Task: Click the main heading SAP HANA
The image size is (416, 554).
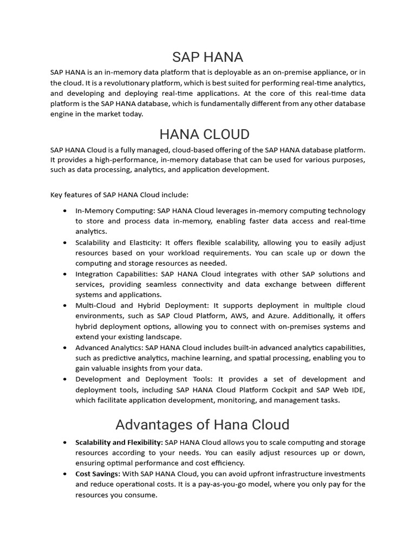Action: (x=207, y=56)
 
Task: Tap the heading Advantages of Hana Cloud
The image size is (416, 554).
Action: (x=203, y=424)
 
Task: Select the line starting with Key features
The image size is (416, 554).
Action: (x=119, y=195)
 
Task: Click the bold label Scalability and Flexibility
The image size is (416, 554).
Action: (x=119, y=443)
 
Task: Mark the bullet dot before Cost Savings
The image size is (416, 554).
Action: (x=66, y=474)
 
